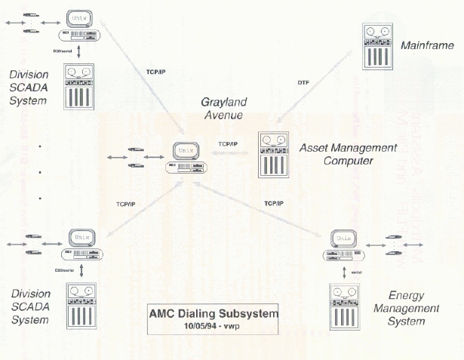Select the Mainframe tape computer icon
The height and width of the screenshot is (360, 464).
(x=377, y=47)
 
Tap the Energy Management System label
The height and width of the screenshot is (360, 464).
(x=412, y=307)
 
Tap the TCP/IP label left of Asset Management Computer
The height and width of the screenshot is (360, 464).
(x=228, y=143)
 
